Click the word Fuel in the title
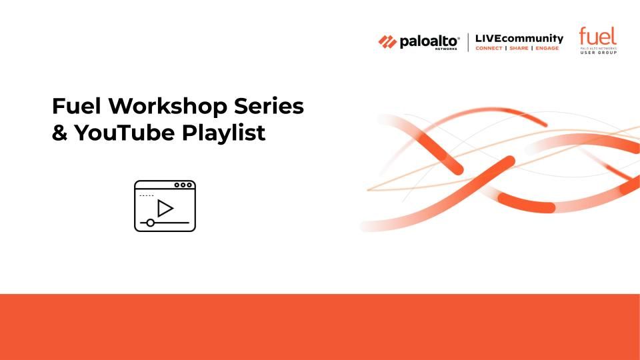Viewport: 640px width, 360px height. [x=76, y=106]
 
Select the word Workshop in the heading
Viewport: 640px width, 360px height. [x=168, y=106]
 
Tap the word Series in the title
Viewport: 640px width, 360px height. [x=269, y=106]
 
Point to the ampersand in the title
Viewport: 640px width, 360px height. [x=59, y=133]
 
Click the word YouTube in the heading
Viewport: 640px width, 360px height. [x=125, y=133]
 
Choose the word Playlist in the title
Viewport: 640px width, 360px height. [x=224, y=133]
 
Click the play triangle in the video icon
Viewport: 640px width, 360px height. [x=165, y=208]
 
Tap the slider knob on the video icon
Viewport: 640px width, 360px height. [x=150, y=223]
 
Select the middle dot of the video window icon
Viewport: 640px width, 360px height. [x=183, y=185]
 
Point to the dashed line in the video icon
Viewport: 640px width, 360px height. [x=147, y=195]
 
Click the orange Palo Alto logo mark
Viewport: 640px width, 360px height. [x=387, y=41]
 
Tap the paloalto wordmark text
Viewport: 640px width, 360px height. [x=429, y=41]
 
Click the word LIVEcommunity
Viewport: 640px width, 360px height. [x=519, y=39]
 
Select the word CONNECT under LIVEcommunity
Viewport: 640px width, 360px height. [x=489, y=48]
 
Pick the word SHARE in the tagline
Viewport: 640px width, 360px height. [x=519, y=48]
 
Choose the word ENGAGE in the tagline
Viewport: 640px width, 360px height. [x=547, y=48]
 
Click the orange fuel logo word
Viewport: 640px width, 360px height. [x=597, y=36]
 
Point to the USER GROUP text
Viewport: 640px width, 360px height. [x=599, y=53]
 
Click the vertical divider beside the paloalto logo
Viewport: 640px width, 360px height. [x=468, y=43]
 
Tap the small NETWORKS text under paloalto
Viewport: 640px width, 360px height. [x=446, y=49]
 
